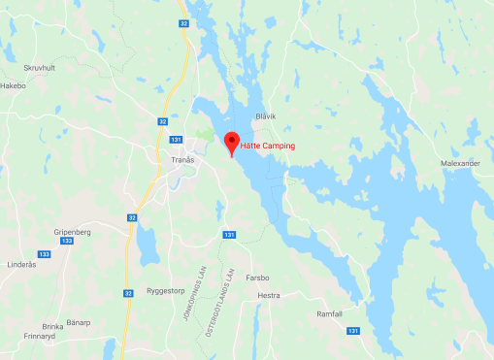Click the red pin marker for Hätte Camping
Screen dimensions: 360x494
tap(231, 142)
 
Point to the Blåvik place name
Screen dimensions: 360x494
tap(265, 116)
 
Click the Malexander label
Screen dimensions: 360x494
tap(460, 164)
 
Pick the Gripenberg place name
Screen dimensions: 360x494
tap(57, 233)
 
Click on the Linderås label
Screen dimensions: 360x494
tap(21, 265)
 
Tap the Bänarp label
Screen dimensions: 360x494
tap(79, 322)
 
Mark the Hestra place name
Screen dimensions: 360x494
tap(269, 295)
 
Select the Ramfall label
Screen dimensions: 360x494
tap(330, 313)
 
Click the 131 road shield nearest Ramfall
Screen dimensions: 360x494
tap(353, 331)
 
